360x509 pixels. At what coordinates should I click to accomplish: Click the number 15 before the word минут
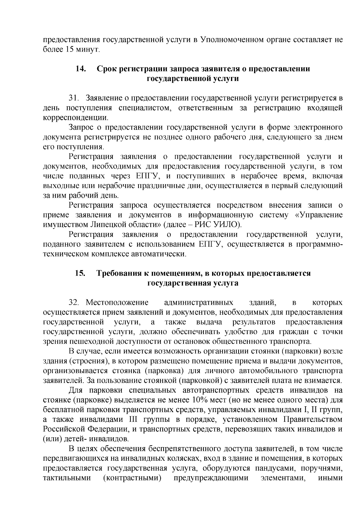(69, 49)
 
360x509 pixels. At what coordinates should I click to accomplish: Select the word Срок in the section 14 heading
(107, 69)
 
